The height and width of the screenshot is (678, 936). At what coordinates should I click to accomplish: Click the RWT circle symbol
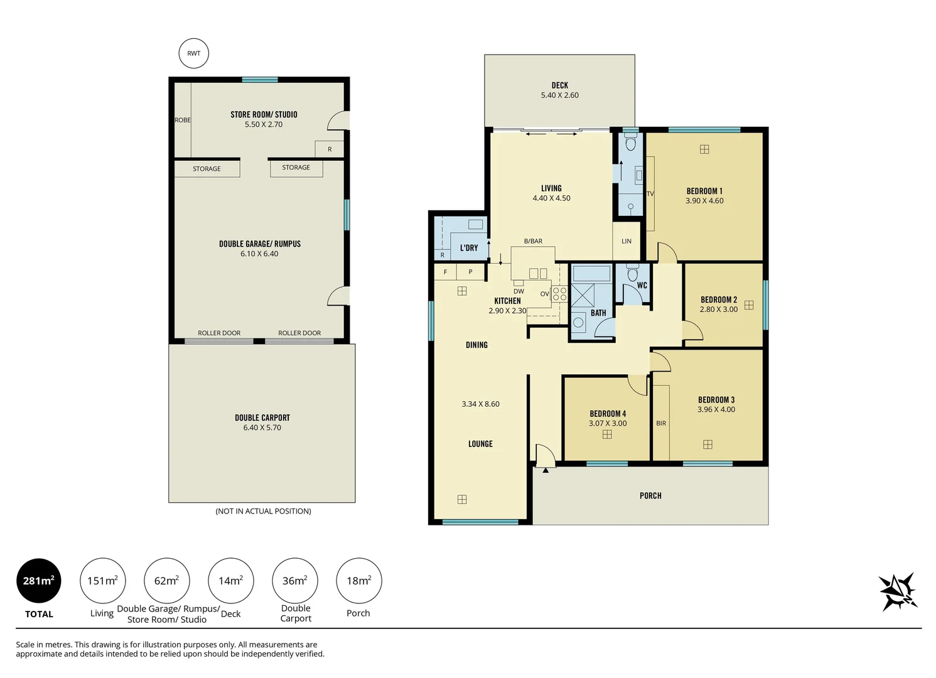point(193,53)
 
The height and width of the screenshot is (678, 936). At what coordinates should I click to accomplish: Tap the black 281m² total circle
point(39,581)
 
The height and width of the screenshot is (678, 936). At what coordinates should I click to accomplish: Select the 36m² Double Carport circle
point(294,581)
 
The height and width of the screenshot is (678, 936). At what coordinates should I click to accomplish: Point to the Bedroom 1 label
point(704,191)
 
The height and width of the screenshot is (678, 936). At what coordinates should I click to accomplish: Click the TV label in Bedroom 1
point(650,194)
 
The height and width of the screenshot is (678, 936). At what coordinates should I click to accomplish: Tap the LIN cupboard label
point(626,241)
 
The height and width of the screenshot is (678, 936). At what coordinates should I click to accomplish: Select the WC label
point(642,285)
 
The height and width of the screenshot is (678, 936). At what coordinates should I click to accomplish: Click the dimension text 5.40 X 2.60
point(559,95)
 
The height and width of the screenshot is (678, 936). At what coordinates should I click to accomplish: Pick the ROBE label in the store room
point(183,120)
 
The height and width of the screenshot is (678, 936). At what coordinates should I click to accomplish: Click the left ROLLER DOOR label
point(219,333)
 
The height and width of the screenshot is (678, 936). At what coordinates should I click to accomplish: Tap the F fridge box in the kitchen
point(446,272)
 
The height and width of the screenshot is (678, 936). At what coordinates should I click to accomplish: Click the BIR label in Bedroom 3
point(661,423)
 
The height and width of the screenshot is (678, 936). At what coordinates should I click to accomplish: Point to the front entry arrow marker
point(546,470)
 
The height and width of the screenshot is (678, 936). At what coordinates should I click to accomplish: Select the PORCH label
point(650,495)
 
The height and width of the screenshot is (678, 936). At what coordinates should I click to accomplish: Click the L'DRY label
point(469,248)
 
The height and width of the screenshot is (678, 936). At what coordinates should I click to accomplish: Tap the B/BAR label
point(533,241)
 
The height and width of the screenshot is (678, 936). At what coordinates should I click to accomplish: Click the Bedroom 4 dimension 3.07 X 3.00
point(607,424)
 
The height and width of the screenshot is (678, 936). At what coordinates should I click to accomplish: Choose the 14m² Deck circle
point(230,581)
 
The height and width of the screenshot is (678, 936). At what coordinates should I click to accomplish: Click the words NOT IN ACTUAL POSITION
point(263,511)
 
